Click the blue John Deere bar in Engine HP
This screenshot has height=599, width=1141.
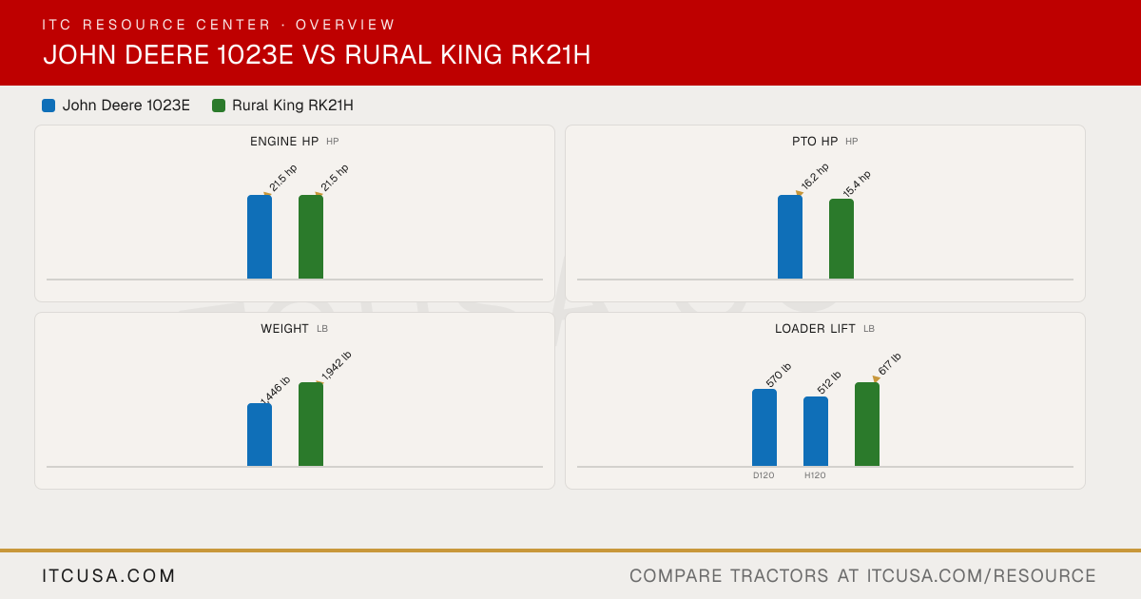[260, 237]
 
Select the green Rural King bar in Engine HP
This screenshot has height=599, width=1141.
[311, 237]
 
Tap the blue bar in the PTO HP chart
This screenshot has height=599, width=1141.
[790, 237]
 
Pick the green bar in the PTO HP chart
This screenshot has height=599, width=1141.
[841, 239]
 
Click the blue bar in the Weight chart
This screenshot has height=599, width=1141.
[260, 435]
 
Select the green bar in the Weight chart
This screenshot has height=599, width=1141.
[311, 424]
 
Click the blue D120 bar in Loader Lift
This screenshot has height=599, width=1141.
[764, 427]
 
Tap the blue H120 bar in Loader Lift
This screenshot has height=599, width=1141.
[816, 432]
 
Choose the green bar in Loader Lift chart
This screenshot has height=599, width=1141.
[867, 424]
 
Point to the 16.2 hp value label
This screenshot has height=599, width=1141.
[815, 176]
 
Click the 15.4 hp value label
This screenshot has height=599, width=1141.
[857, 184]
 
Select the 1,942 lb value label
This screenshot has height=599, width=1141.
[337, 366]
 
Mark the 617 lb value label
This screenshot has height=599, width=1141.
[890, 364]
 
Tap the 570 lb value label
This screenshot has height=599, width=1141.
[779, 375]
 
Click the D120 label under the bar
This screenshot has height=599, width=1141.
[764, 475]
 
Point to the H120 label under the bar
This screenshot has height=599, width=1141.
[815, 475]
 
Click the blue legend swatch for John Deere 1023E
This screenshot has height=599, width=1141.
[48, 106]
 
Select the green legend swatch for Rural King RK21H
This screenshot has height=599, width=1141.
[219, 106]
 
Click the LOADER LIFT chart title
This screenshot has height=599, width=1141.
[815, 329]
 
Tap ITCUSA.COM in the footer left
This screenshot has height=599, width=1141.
[108, 575]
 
